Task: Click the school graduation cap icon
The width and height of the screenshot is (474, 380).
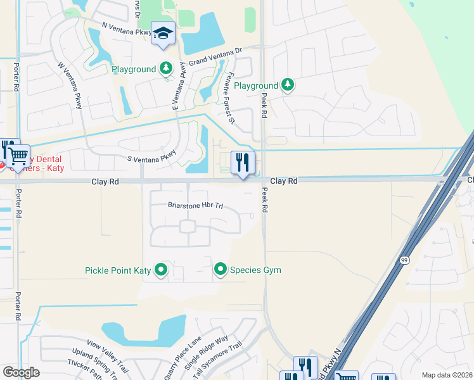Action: [163, 34]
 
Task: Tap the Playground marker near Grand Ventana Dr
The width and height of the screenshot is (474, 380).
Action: [166, 68]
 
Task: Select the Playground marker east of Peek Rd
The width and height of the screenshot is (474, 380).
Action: [288, 85]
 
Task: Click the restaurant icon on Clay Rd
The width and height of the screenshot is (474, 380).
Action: [243, 163]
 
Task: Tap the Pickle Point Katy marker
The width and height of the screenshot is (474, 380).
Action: [161, 270]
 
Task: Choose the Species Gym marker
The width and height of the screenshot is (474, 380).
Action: [220, 270]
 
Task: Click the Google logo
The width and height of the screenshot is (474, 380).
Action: [21, 372]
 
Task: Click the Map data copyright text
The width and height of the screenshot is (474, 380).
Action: [447, 375]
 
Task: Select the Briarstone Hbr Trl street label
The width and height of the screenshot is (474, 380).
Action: [196, 205]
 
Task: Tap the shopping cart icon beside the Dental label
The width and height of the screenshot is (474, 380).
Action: [18, 155]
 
